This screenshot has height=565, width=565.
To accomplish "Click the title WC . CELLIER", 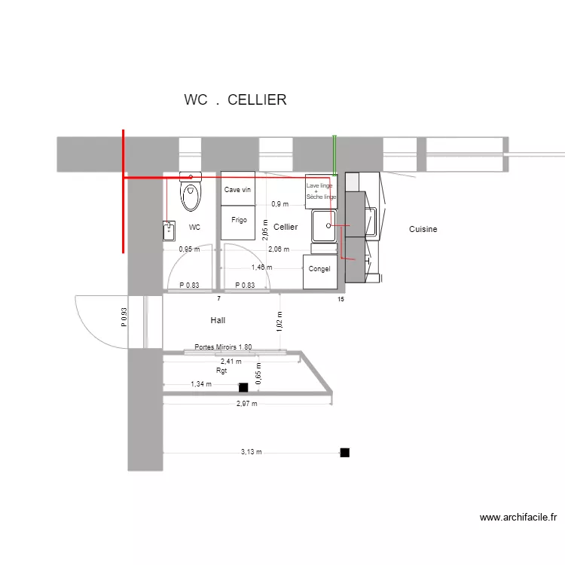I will [x=235, y=100].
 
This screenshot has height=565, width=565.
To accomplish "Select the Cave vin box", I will [x=237, y=190].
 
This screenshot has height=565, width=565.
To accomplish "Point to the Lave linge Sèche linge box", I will [x=321, y=191].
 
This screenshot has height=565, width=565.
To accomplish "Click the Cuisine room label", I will [x=423, y=229].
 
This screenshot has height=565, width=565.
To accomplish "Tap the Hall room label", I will [x=218, y=320].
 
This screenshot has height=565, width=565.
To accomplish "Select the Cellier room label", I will [x=286, y=227].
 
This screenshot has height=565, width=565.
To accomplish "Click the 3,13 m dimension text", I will [x=251, y=452].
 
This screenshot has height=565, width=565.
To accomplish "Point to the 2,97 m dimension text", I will [x=246, y=404].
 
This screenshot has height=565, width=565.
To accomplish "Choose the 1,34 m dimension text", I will [x=201, y=384].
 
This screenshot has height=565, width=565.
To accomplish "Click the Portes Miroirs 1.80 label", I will [x=223, y=347].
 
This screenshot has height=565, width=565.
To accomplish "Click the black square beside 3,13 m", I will [x=345, y=453].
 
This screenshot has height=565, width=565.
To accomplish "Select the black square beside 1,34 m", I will [x=243, y=387].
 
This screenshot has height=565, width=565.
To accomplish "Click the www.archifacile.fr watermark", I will [x=518, y=518].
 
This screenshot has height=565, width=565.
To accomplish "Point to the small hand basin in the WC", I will [x=169, y=230].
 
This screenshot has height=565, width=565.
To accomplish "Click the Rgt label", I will [x=221, y=371].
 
